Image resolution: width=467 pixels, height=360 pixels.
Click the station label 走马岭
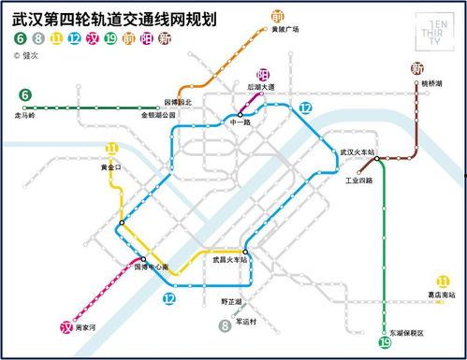[x=26, y=115]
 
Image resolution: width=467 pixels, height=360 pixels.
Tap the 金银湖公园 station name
[x=160, y=115]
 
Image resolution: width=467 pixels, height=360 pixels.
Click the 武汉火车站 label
[x=357, y=151]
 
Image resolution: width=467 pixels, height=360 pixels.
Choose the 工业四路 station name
[x=358, y=180]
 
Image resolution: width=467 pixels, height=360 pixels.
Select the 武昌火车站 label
[x=230, y=259]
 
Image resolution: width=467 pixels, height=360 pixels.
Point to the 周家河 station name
[x=87, y=329]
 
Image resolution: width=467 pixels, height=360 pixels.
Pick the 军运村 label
[x=247, y=321]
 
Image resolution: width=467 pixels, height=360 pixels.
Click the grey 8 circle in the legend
[x=37, y=38]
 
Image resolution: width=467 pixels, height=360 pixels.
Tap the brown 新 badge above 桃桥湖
[x=417, y=68]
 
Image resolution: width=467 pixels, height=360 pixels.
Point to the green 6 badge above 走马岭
[x=25, y=94]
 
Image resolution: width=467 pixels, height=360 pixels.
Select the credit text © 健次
[x=29, y=55]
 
